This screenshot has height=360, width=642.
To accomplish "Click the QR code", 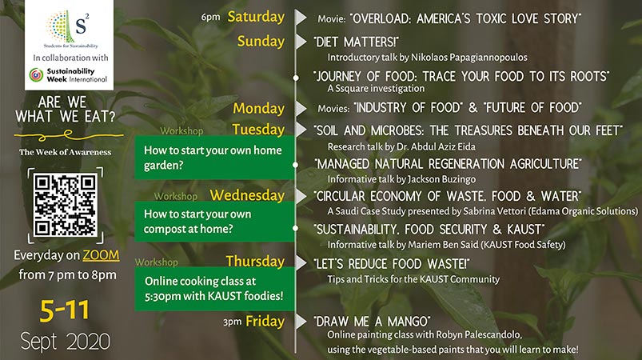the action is pyautogui.click(x=66, y=205).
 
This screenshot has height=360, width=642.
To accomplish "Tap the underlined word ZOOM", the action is pyautogui.click(x=101, y=255).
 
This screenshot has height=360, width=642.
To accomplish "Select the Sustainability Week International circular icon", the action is pyautogui.click(x=37, y=75).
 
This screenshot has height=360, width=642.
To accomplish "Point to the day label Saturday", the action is pyautogui.click(x=256, y=17).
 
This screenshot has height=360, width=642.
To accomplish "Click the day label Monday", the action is pyautogui.click(x=259, y=109).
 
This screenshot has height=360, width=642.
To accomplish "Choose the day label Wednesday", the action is pyautogui.click(x=247, y=195).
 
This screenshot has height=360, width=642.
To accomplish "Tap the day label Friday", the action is pyautogui.click(x=265, y=322).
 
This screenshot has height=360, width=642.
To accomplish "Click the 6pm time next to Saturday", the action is pyautogui.click(x=210, y=18).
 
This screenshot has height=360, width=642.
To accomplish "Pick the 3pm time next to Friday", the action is pyautogui.click(x=232, y=322).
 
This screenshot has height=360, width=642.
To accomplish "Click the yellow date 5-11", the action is pyautogui.click(x=65, y=310).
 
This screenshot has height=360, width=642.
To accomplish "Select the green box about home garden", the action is pyautogui.click(x=214, y=158).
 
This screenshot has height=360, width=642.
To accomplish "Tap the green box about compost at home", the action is pyautogui.click(x=214, y=221).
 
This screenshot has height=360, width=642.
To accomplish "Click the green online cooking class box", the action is pyautogui.click(x=214, y=289).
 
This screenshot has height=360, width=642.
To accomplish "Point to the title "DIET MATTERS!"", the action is pyautogui.click(x=356, y=42).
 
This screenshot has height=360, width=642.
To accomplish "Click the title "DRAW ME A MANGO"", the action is pyautogui.click(x=372, y=322).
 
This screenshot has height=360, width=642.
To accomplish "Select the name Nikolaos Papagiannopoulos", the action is pyautogui.click(x=469, y=58).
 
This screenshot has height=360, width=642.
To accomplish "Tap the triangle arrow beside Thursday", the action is pyautogui.click(x=301, y=263).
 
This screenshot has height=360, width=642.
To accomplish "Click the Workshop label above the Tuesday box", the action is pyautogui.click(x=181, y=131).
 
